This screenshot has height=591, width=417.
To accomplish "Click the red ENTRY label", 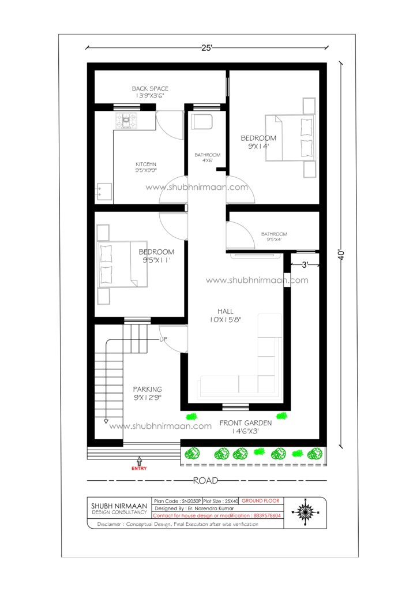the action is click(139, 469).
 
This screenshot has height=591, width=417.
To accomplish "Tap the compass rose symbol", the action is click(305, 513).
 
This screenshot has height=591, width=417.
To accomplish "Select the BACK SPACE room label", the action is click(150, 88).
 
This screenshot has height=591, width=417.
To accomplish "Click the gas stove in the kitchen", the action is click(126, 121).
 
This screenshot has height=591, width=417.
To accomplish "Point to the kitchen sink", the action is click(104, 192).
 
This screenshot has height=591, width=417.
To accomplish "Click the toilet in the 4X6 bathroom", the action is click(201, 122).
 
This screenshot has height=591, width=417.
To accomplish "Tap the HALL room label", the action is click(226, 311).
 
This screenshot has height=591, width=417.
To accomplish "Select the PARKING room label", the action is click(147, 390).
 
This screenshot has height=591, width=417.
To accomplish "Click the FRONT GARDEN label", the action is click(246, 423).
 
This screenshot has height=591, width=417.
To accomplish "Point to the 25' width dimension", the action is click(207, 48).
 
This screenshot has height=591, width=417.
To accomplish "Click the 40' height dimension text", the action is click(341, 255).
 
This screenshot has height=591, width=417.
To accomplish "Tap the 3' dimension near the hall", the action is click(305, 265).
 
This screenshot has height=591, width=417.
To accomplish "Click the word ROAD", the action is click(205, 481).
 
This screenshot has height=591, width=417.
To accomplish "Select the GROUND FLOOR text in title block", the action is click(260, 500).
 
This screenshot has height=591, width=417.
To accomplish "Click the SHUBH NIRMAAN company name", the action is click(119, 506).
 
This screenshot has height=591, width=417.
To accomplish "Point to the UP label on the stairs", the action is click(163, 339).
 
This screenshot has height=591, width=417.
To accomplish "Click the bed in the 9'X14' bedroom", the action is click(290, 138).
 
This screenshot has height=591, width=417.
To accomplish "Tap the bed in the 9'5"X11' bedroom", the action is click(122, 264).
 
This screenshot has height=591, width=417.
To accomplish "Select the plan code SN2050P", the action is click(191, 501).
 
